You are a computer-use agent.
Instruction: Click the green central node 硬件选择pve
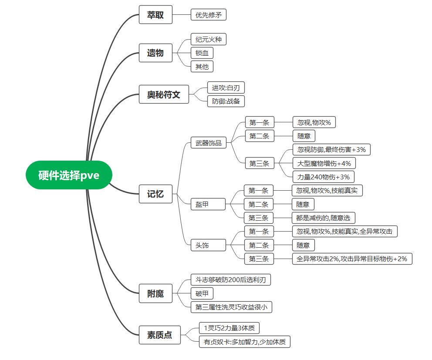point(69,175)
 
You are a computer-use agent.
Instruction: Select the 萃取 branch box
point(155,14)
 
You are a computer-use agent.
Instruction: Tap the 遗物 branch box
point(155,53)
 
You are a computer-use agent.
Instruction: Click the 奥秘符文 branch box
point(164,94)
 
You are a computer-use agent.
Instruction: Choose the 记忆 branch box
point(155,193)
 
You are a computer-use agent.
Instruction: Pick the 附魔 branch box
point(155,293)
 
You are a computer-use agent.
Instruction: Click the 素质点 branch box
point(159,335)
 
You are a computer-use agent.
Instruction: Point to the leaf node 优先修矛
point(209,14)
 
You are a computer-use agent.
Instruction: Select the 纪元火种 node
point(209,39)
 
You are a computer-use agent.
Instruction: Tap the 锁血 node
point(202,53)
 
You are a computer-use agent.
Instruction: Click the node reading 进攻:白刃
point(226,87)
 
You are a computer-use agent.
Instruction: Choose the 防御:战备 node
point(226,101)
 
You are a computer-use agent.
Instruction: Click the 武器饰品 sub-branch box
point(209,143)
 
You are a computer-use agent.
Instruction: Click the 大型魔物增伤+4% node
point(324,163)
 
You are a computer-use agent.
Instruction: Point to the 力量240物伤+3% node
point(324,177)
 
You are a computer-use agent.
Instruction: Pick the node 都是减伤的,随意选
point(323,218)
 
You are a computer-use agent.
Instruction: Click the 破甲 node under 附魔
point(202,293)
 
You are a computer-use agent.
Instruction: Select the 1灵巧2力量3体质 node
point(229,328)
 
